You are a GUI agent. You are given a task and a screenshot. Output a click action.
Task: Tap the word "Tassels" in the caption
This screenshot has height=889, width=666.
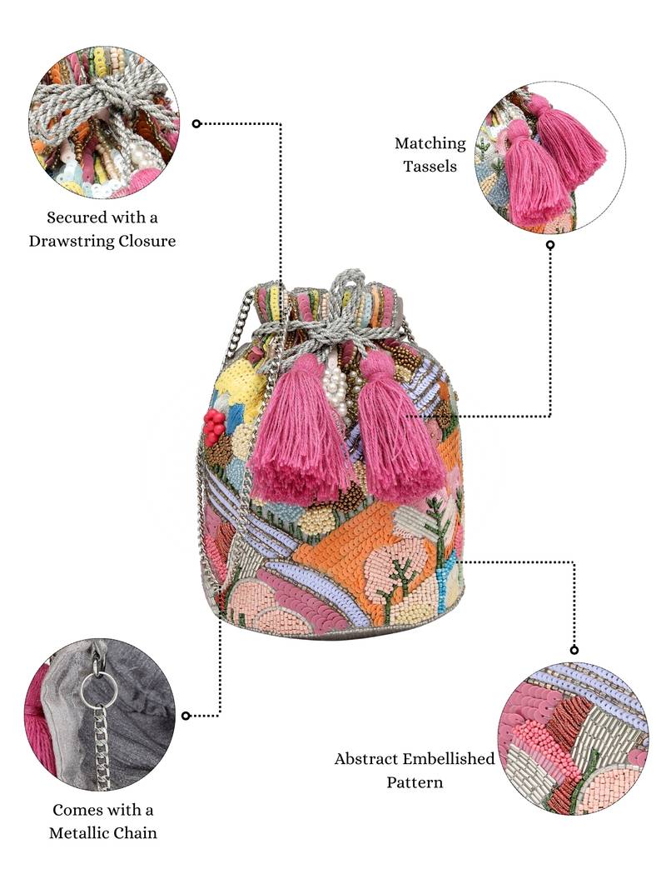(x=430, y=166)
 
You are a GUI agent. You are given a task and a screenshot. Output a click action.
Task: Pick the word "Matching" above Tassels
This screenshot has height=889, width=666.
(x=430, y=143)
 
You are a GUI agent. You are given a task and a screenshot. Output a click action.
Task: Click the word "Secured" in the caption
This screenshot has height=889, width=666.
(x=77, y=218)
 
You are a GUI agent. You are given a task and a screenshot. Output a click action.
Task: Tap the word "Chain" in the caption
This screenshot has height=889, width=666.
(x=135, y=832)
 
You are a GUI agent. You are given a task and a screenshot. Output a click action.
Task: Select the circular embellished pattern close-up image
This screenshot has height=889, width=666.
(x=574, y=738)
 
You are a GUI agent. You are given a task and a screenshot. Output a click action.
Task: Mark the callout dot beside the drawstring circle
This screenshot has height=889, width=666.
(x=196, y=123)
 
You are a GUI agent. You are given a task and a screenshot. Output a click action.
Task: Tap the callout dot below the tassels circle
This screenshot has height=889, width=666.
(x=550, y=245)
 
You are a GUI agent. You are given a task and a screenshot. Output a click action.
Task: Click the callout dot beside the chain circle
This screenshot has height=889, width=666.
(x=186, y=716)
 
